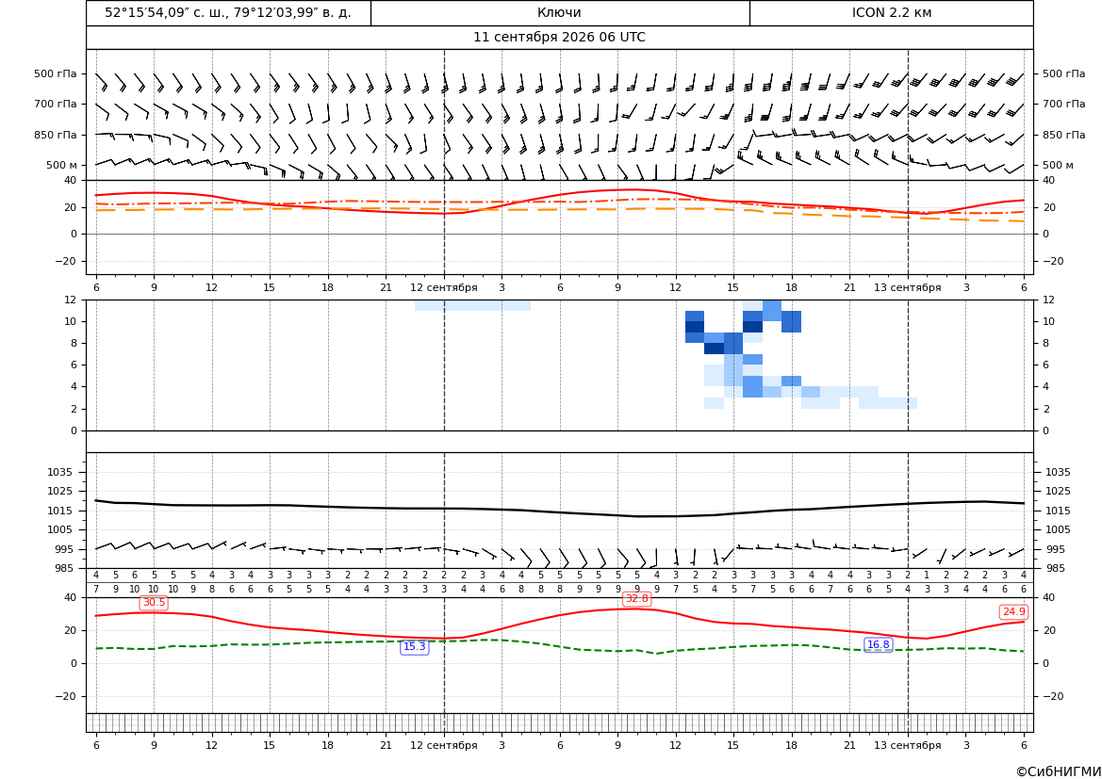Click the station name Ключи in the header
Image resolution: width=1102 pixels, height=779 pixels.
[559, 12]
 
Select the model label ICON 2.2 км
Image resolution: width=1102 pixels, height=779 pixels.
[891, 12]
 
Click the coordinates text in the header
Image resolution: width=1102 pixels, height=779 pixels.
[228, 12]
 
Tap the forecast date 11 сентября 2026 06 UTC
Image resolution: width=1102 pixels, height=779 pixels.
[559, 38]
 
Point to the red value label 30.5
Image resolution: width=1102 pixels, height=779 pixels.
[154, 603]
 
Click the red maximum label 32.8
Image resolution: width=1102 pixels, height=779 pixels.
[636, 599]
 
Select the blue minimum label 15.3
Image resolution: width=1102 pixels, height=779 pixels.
[414, 647]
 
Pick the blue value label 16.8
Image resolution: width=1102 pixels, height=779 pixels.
[878, 645]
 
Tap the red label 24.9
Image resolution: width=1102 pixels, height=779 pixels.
[1013, 612]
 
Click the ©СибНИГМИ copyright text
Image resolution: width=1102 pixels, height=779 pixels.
[1059, 772]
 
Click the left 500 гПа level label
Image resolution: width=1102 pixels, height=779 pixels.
[56, 73]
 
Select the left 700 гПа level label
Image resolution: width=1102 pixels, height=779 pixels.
[56, 104]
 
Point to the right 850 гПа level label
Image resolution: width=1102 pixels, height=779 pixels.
[1064, 135]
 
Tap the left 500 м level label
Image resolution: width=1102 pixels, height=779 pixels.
[62, 165]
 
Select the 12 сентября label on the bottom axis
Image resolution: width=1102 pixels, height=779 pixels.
[443, 745]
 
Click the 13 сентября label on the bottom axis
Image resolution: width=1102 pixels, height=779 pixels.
[907, 745]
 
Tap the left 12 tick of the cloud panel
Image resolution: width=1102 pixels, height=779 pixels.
[71, 300]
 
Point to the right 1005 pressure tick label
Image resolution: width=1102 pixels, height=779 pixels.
[1058, 529]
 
